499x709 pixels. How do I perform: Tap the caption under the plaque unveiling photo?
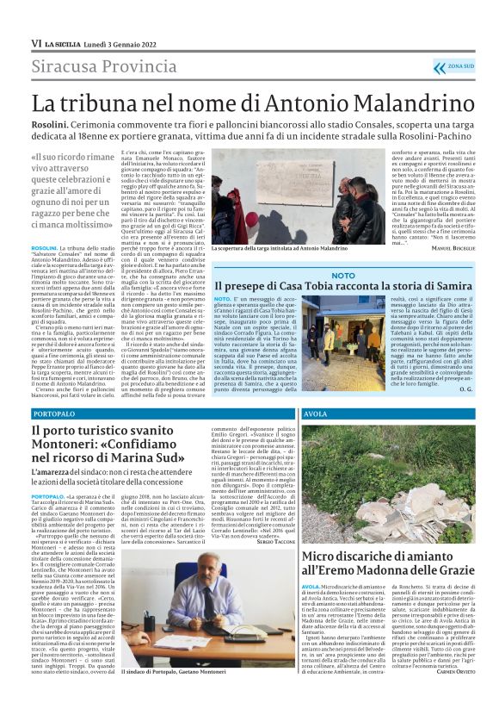pos(280,248)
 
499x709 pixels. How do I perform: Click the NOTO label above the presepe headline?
pos(342,275)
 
